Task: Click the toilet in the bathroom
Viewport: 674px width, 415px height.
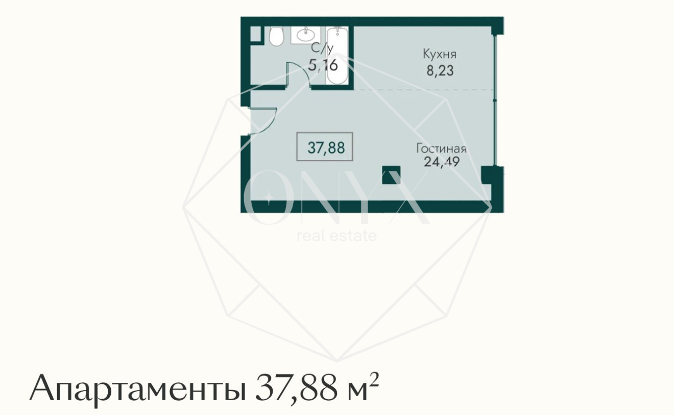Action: click(x=276, y=36)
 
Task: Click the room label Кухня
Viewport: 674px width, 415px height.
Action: click(x=439, y=54)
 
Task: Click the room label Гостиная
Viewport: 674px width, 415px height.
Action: click(x=441, y=149)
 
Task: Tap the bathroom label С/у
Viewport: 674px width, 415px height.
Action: click(x=323, y=49)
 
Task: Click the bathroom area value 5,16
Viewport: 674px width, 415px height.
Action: click(x=323, y=65)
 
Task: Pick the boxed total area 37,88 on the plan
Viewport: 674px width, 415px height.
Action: click(x=326, y=148)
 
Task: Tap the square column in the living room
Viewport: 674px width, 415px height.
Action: click(x=392, y=175)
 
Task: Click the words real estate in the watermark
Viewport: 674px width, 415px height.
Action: click(x=336, y=236)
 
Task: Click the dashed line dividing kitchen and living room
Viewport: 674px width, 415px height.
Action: click(x=424, y=90)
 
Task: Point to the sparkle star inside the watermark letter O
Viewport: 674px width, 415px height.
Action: click(x=270, y=196)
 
